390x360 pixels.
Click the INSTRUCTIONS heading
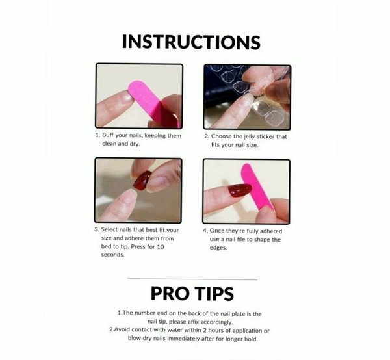(x=191, y=42)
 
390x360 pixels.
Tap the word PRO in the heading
(x=170, y=293)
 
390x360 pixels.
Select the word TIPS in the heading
(x=214, y=293)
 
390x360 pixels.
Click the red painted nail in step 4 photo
(x=239, y=190)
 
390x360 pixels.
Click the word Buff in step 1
(x=108, y=135)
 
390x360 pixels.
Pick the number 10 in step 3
(x=161, y=247)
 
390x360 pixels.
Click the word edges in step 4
(x=218, y=248)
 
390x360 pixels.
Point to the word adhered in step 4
(x=271, y=231)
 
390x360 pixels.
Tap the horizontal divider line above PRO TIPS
(x=192, y=279)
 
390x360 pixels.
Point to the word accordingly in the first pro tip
(x=217, y=322)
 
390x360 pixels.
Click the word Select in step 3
(x=109, y=230)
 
